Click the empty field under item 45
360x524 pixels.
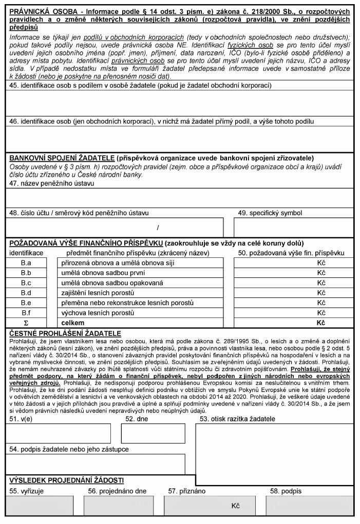coord(180,103)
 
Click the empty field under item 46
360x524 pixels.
coord(180,139)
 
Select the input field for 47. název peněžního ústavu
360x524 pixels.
coord(180,197)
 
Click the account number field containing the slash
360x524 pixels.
coord(114,227)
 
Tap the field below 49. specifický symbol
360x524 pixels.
coord(294,227)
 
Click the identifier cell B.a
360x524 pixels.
coord(26,263)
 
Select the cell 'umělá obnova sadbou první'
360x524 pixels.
coord(140,273)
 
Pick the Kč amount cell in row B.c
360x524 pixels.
coord(294,283)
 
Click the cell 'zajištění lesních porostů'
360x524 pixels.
coord(140,293)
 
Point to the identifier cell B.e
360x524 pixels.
coord(26,303)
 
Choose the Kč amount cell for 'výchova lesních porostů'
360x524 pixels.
coord(294,313)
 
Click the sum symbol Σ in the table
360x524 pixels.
coord(26,323)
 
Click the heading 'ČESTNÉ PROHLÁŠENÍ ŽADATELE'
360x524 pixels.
coord(65,333)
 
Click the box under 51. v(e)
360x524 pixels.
coord(58,434)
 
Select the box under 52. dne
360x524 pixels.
coord(153,434)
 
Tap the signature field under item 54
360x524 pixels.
coord(96,464)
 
